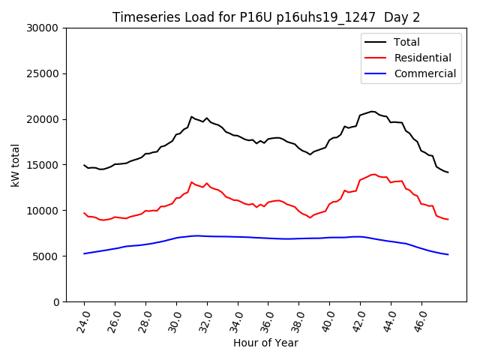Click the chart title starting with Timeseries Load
(x=266, y=17)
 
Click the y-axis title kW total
(x=16, y=164)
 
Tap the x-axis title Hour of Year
(x=265, y=343)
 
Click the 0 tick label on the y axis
(x=57, y=301)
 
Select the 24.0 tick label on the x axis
(x=84, y=319)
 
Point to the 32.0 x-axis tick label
(x=207, y=319)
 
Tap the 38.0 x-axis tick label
(x=298, y=319)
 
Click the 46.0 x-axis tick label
(x=421, y=319)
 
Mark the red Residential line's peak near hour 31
(x=192, y=181)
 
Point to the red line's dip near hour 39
(x=310, y=217)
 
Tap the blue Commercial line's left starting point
(x=84, y=253)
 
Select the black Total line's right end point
(x=448, y=172)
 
